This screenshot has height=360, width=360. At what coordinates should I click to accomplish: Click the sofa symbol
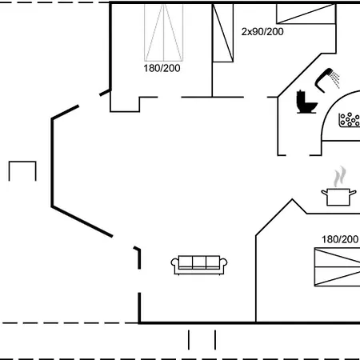pyautogui.click(x=199, y=265)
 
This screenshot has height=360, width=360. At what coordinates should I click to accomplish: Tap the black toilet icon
pyautogui.click(x=306, y=102)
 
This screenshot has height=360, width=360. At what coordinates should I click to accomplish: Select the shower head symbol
pyautogui.click(x=323, y=80)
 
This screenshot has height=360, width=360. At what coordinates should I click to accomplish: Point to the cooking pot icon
pyautogui.click(x=338, y=197)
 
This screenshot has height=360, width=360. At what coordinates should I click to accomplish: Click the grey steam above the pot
pyautogui.click(x=340, y=177)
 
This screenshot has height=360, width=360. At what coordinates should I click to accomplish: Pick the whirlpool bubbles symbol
pyautogui.click(x=350, y=120)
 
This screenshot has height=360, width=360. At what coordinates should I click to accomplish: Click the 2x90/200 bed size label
pyautogui.click(x=262, y=32)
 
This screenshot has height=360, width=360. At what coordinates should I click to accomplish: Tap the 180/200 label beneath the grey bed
pyautogui.click(x=162, y=68)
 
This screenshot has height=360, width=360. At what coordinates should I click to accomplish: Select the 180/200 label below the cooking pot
pyautogui.click(x=340, y=239)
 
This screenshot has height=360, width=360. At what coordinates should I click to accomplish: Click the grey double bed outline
pyautogui.click(x=163, y=33)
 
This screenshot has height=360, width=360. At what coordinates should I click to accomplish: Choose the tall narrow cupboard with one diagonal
pyautogui.click(x=222, y=33)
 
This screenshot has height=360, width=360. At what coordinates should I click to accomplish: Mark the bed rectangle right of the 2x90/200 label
pyautogui.click(x=306, y=14)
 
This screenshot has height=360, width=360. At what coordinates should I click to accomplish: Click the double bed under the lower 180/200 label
pyautogui.click(x=338, y=267)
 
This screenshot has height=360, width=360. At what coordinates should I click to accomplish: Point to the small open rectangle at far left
pyautogui.click(x=22, y=162)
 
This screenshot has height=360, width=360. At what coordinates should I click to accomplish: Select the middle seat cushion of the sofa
pyautogui.click(x=199, y=262)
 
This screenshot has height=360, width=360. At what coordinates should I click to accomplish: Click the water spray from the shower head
pyautogui.click(x=335, y=79)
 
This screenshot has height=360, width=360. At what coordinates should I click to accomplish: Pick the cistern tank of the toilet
pyautogui.click(x=301, y=98)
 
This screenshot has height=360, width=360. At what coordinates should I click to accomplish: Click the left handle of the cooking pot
pyautogui.click(x=324, y=192)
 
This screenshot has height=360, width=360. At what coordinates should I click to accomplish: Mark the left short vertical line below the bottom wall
pyautogui.click(x=189, y=340)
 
